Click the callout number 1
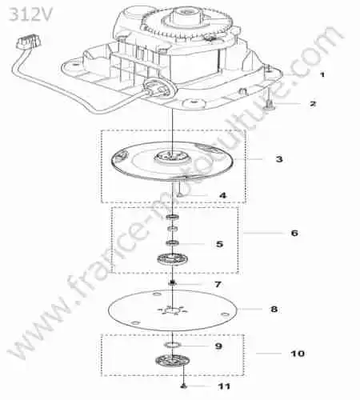[x=322, y=74]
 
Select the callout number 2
[x=313, y=103]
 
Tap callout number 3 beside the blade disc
[x=279, y=159]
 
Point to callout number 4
[x=222, y=195]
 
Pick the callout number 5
[x=219, y=244]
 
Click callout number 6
[x=294, y=233]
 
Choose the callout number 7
[x=218, y=284]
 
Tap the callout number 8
[x=274, y=309]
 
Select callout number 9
[x=218, y=346]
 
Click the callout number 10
[x=298, y=354]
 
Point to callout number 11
[x=224, y=386]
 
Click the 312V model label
[x=30, y=14]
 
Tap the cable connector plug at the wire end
[x=29, y=42]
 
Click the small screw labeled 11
[x=183, y=386]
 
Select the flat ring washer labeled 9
[x=173, y=345]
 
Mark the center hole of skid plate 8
[x=173, y=310]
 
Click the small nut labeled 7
[x=173, y=283]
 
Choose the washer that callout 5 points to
[x=173, y=243]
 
